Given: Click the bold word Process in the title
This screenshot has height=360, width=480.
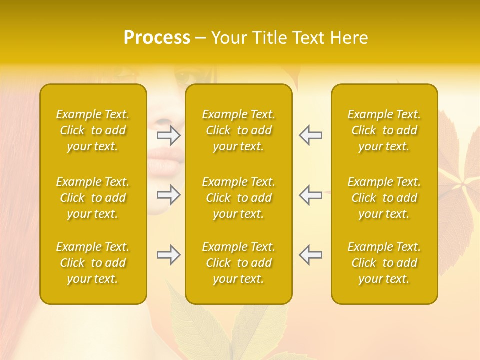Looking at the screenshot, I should (x=157, y=38).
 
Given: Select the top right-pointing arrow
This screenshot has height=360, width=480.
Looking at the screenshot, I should (x=169, y=135).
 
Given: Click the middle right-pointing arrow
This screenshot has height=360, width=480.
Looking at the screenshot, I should (x=169, y=195).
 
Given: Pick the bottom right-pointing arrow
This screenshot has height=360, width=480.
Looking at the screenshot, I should (x=169, y=255).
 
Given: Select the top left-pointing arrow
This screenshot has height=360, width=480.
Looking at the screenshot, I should (x=310, y=135).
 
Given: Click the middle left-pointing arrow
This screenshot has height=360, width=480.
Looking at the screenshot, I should (x=310, y=195).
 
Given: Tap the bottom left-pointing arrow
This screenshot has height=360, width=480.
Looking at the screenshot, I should (x=310, y=255).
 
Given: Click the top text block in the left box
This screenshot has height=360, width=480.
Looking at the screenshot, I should (x=93, y=130).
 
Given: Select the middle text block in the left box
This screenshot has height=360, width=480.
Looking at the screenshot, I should (x=93, y=198).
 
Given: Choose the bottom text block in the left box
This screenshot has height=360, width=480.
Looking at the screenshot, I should (x=93, y=263).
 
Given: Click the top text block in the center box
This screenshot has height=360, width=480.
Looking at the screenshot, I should (x=238, y=130).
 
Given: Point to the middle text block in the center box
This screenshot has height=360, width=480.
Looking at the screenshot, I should (x=238, y=198).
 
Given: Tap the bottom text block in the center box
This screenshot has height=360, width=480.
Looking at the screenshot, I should (x=238, y=263).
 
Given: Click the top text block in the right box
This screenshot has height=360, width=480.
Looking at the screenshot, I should (x=384, y=130).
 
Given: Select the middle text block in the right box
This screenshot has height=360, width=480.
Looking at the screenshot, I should (x=384, y=198).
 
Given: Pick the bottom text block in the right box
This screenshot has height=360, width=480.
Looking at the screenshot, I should (x=384, y=263).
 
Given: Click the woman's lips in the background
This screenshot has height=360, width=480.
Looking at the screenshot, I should (x=165, y=160).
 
